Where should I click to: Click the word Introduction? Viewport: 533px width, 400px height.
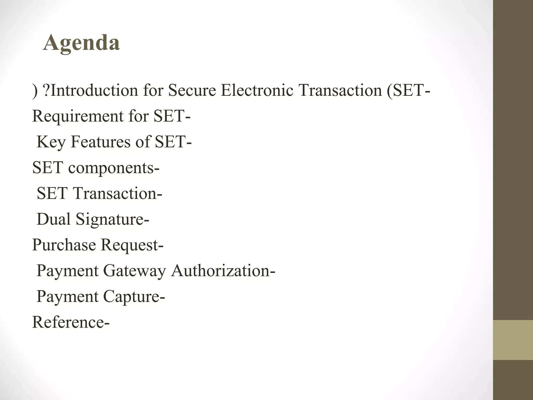point(94,90)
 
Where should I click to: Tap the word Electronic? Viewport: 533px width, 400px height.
point(257,90)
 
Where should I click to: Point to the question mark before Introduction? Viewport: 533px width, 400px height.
point(46,90)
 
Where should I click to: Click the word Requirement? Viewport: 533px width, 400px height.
point(78,116)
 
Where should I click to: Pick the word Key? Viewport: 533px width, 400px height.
point(51,142)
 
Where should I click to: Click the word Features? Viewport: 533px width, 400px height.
point(100,142)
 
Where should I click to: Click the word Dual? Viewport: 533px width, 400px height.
point(54,219)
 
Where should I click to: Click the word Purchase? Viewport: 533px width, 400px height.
point(64,245)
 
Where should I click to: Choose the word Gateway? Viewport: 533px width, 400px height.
point(134,271)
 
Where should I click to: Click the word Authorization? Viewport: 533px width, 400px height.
point(220,271)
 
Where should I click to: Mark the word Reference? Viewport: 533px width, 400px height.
point(68,322)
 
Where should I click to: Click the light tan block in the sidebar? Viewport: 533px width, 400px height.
point(513,340)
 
